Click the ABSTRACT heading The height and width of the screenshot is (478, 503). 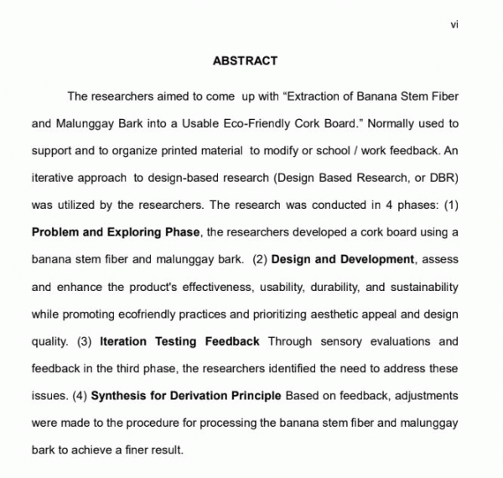245,61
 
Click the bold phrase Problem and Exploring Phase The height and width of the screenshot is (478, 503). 116,232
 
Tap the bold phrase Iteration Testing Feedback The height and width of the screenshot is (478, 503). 179,341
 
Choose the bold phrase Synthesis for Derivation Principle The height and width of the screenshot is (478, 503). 187,396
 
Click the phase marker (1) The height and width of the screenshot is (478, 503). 451,205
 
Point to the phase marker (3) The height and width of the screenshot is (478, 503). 84,341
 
